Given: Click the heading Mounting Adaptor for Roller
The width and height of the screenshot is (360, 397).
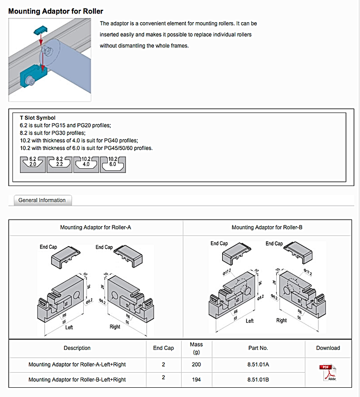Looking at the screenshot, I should coord(56,11).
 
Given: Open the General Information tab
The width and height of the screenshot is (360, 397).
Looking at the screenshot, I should coord(42,200).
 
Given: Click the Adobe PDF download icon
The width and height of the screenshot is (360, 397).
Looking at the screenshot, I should coord(328,372).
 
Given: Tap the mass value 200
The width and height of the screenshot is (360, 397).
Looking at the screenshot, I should coord(196,365).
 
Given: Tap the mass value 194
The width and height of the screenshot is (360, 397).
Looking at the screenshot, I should coord(196,379).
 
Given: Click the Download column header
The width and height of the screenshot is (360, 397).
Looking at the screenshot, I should coord(328,348).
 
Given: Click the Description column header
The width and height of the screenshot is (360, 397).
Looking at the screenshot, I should coord(77,348).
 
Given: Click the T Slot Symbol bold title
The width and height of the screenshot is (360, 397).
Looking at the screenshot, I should coord(37,117).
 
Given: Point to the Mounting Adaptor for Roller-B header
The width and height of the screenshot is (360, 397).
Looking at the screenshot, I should coord(267,228).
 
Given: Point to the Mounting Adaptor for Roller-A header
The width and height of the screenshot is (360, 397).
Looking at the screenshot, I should coord(96,228).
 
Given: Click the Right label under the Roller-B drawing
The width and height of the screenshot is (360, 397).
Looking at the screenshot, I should coord(282,320).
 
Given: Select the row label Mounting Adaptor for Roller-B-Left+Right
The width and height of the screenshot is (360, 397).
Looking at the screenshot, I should coord(77,379).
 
